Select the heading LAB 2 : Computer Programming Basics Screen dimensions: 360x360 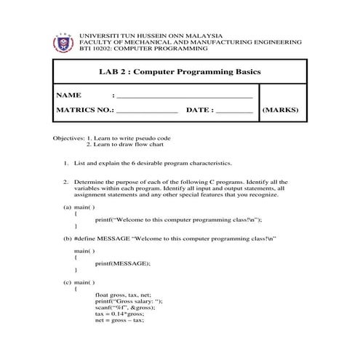click(x=179, y=72)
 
